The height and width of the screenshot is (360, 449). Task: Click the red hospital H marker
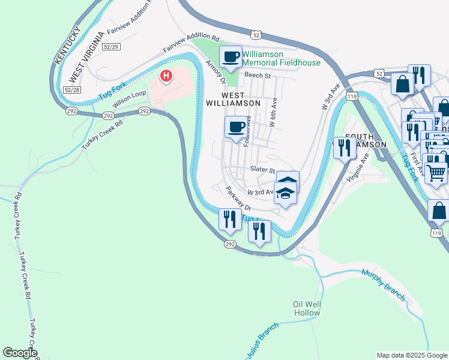tap(166, 76)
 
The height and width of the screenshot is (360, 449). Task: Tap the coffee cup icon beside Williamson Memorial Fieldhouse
tap(231, 58)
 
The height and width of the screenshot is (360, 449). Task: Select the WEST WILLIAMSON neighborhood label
tap(241, 99)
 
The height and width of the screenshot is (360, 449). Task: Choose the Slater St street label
tap(262, 171)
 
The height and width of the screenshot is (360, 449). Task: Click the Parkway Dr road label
tap(237, 197)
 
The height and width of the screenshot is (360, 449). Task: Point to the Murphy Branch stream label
tap(384, 285)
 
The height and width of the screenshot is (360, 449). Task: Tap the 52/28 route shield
tap(71, 89)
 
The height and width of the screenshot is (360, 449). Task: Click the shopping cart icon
tap(436, 172)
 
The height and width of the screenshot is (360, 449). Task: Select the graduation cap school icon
tap(286, 194)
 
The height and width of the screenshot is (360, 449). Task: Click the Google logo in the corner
tap(20, 353)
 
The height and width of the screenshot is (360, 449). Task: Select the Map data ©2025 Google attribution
tap(411, 355)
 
